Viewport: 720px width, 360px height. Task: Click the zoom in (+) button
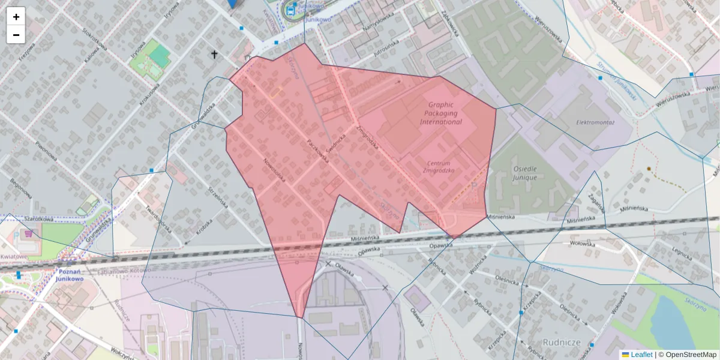click(16, 17)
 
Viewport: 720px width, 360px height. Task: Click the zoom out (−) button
click(16, 35)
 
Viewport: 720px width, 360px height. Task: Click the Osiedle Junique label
click(524, 173)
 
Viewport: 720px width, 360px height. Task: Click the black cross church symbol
click(214, 55)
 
